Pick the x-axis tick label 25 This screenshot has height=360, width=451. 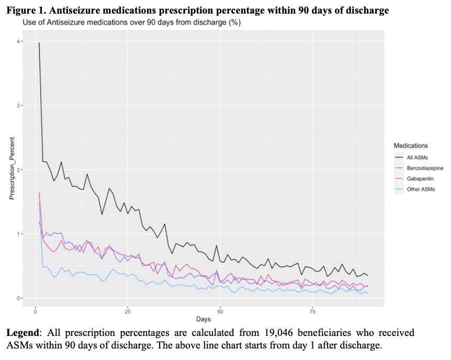(x=128, y=311)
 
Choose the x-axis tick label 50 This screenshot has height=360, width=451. (x=220, y=311)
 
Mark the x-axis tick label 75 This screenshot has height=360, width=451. (x=313, y=311)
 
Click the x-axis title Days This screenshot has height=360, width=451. (x=204, y=319)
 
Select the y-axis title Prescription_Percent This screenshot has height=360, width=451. (x=11, y=170)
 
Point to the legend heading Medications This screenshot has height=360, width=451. (x=411, y=145)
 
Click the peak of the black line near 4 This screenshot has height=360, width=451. (x=39, y=43)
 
